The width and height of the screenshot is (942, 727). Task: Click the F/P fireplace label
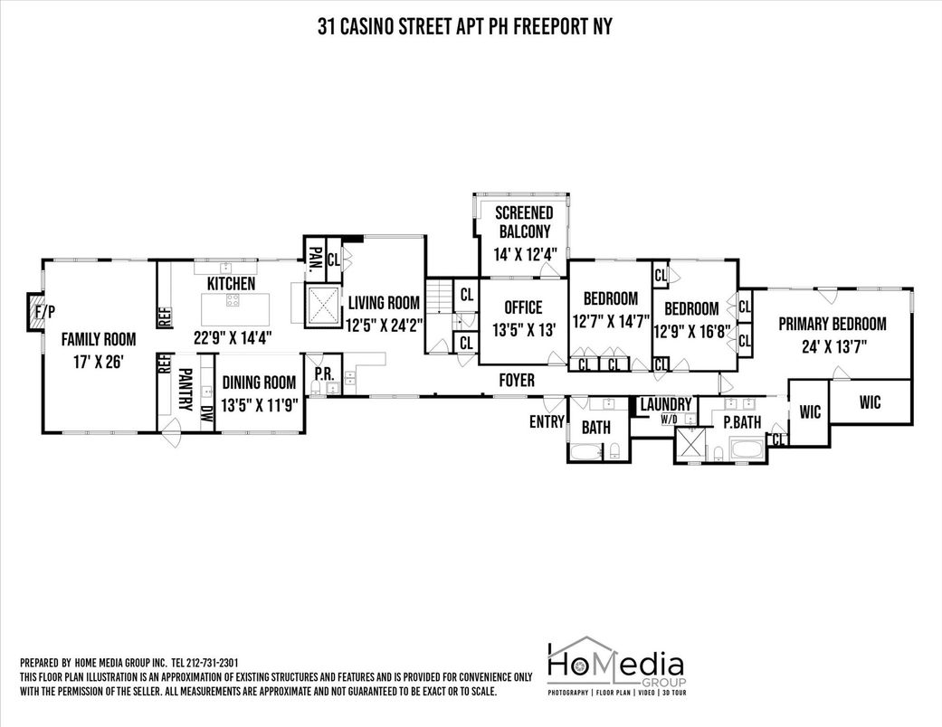44,313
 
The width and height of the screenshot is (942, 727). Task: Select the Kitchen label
231,283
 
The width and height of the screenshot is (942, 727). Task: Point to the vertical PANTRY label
185,390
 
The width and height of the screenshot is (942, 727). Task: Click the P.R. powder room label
323,373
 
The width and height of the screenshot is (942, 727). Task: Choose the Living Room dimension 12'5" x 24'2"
385,326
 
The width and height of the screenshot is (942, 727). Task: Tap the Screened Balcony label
523,222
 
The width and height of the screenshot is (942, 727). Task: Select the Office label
523,307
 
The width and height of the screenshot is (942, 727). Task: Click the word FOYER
517,381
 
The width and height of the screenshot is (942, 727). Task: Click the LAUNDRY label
666,404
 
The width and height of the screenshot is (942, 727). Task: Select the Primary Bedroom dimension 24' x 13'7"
832,345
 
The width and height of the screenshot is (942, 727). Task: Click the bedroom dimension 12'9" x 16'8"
693,331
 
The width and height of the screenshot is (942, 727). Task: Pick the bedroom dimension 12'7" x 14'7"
610,321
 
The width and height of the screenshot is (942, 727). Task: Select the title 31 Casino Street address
464,26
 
